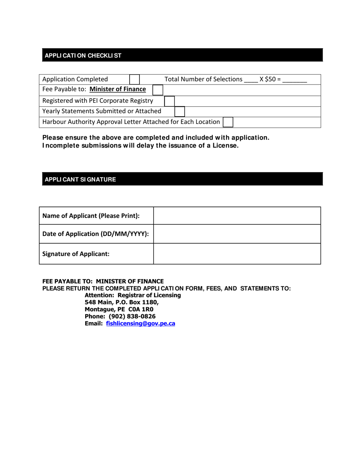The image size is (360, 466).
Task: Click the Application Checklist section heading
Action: (83, 56)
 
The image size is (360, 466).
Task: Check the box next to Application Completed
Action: (135, 79)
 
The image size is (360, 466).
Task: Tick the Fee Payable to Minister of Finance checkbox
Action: (158, 90)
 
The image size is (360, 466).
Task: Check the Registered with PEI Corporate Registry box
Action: (169, 101)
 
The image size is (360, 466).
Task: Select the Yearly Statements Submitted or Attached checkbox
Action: (180, 111)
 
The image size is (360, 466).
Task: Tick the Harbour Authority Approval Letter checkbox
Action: (228, 122)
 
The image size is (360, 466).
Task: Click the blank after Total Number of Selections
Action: (251, 80)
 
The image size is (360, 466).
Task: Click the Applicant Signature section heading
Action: (80, 180)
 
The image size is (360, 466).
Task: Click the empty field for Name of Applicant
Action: (237, 216)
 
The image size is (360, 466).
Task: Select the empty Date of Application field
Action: (237, 234)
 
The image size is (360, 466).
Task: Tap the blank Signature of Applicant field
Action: (237, 253)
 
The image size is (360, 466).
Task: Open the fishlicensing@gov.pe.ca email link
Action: (141, 324)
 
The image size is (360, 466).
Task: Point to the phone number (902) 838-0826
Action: (132, 316)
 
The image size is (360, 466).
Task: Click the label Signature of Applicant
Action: (76, 254)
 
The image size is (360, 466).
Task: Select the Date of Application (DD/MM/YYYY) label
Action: (95, 234)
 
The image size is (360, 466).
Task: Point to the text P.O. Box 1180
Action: (138, 302)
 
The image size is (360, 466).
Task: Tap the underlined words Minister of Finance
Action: (117, 89)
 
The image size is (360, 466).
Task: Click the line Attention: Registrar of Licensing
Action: (133, 295)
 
